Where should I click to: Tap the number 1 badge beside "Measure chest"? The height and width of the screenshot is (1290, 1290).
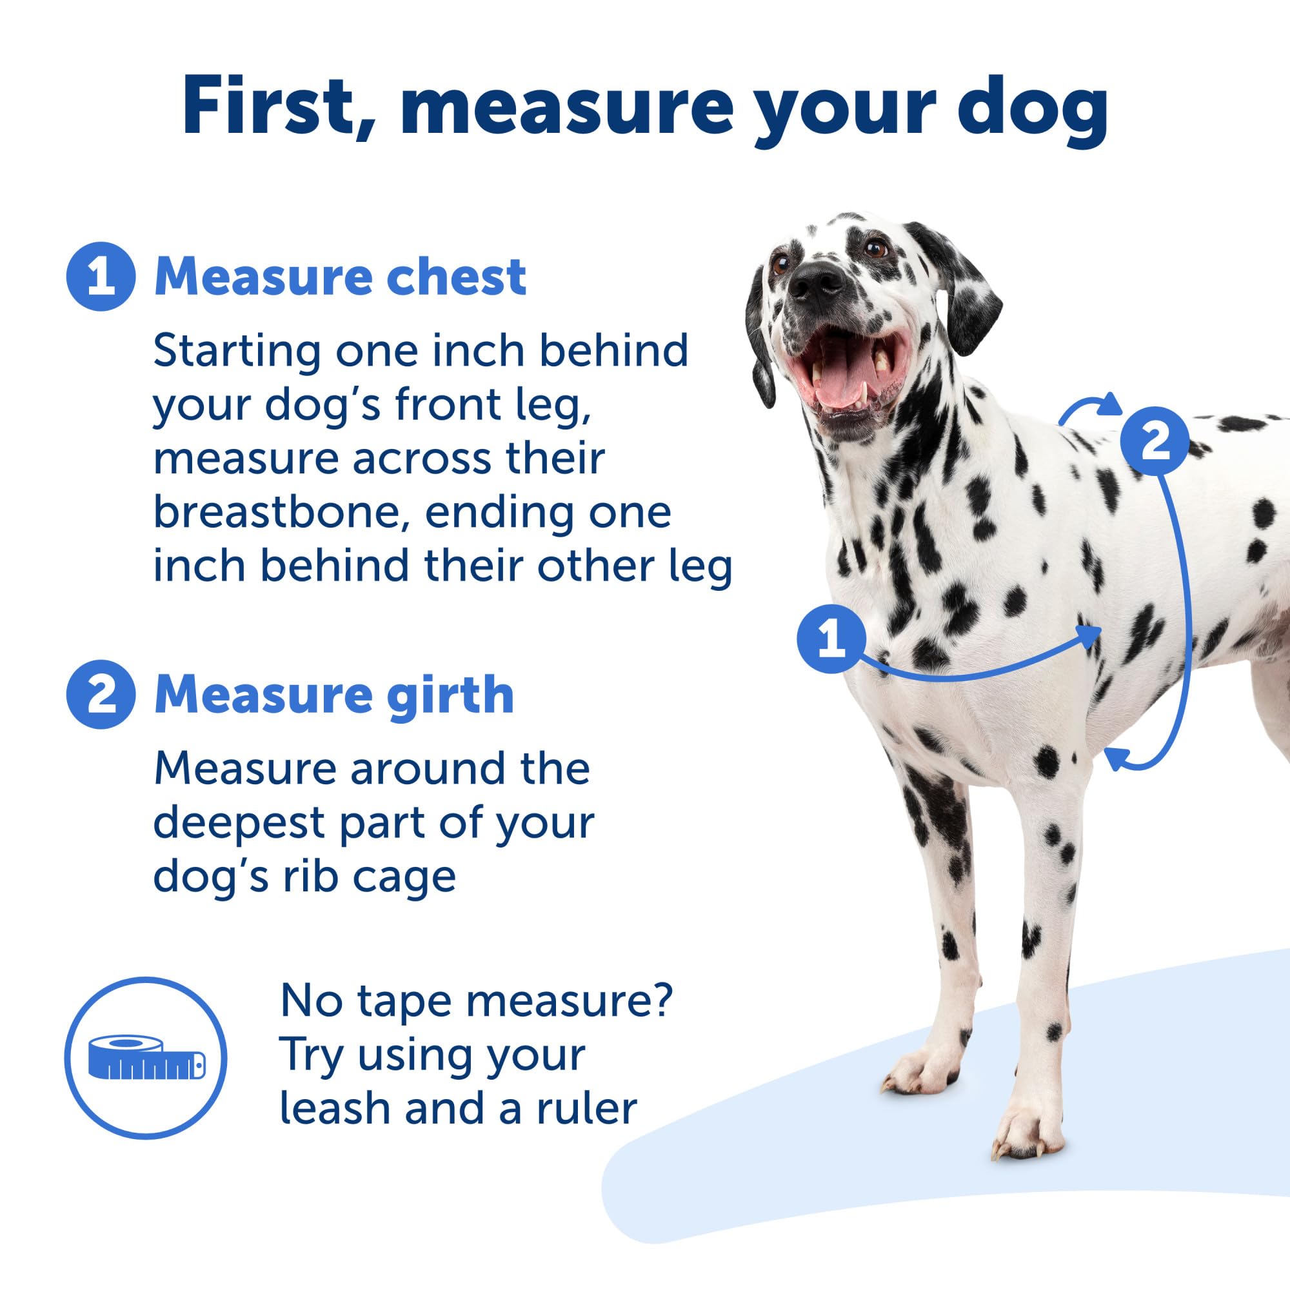[101, 277]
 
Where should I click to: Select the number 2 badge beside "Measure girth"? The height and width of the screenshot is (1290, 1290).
[101, 695]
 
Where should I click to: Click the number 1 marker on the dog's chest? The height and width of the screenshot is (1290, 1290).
[831, 639]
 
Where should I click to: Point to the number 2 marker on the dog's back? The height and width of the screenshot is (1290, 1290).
[1155, 441]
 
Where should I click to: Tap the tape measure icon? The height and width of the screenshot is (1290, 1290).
[146, 1058]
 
